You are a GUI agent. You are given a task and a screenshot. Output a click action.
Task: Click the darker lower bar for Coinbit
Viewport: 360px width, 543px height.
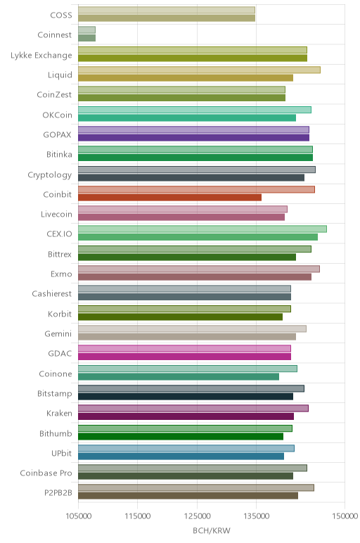tap(169, 198)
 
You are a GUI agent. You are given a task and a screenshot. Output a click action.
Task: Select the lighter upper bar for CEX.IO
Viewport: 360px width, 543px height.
tap(202, 229)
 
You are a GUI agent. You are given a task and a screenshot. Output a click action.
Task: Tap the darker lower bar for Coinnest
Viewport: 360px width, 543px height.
tap(87, 38)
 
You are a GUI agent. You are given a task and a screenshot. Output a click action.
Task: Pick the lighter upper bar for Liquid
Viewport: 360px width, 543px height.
tap(200, 70)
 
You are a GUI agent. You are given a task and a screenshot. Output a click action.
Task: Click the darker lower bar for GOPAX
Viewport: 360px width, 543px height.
tap(193, 137)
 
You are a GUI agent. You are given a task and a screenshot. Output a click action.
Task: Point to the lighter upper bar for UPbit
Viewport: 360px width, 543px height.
tap(186, 448)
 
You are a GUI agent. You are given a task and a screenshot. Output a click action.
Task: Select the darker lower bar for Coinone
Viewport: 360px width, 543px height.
tap(179, 376)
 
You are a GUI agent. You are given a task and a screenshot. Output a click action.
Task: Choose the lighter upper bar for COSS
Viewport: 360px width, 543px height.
tap(167, 10)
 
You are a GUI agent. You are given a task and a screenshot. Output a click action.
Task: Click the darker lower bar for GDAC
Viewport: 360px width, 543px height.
tap(184, 357)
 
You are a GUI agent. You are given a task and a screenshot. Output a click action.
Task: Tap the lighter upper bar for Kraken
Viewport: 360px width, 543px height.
tap(193, 408)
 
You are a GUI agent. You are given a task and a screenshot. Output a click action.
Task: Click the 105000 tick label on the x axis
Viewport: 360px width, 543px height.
tap(79, 516)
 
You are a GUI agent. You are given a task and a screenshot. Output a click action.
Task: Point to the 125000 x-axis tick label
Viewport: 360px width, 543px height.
tap(198, 516)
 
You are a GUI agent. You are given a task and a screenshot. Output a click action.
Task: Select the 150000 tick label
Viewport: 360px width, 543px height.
tap(345, 516)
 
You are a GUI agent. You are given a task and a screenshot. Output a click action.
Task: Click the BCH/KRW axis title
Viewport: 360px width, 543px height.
tap(212, 530)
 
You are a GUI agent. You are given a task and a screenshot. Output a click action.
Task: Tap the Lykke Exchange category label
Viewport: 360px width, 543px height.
tap(41, 56)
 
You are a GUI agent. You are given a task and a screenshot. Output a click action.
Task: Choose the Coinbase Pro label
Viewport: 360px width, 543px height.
tap(46, 473)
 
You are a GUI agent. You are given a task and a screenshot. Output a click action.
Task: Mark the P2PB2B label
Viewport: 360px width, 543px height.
tap(58, 493)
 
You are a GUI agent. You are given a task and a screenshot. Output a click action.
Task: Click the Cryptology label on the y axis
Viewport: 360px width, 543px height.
tap(50, 175)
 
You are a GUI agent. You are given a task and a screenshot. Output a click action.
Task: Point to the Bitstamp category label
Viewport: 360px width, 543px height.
tap(55, 394)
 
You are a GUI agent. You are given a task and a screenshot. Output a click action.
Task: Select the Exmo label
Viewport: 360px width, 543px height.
tap(61, 274)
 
